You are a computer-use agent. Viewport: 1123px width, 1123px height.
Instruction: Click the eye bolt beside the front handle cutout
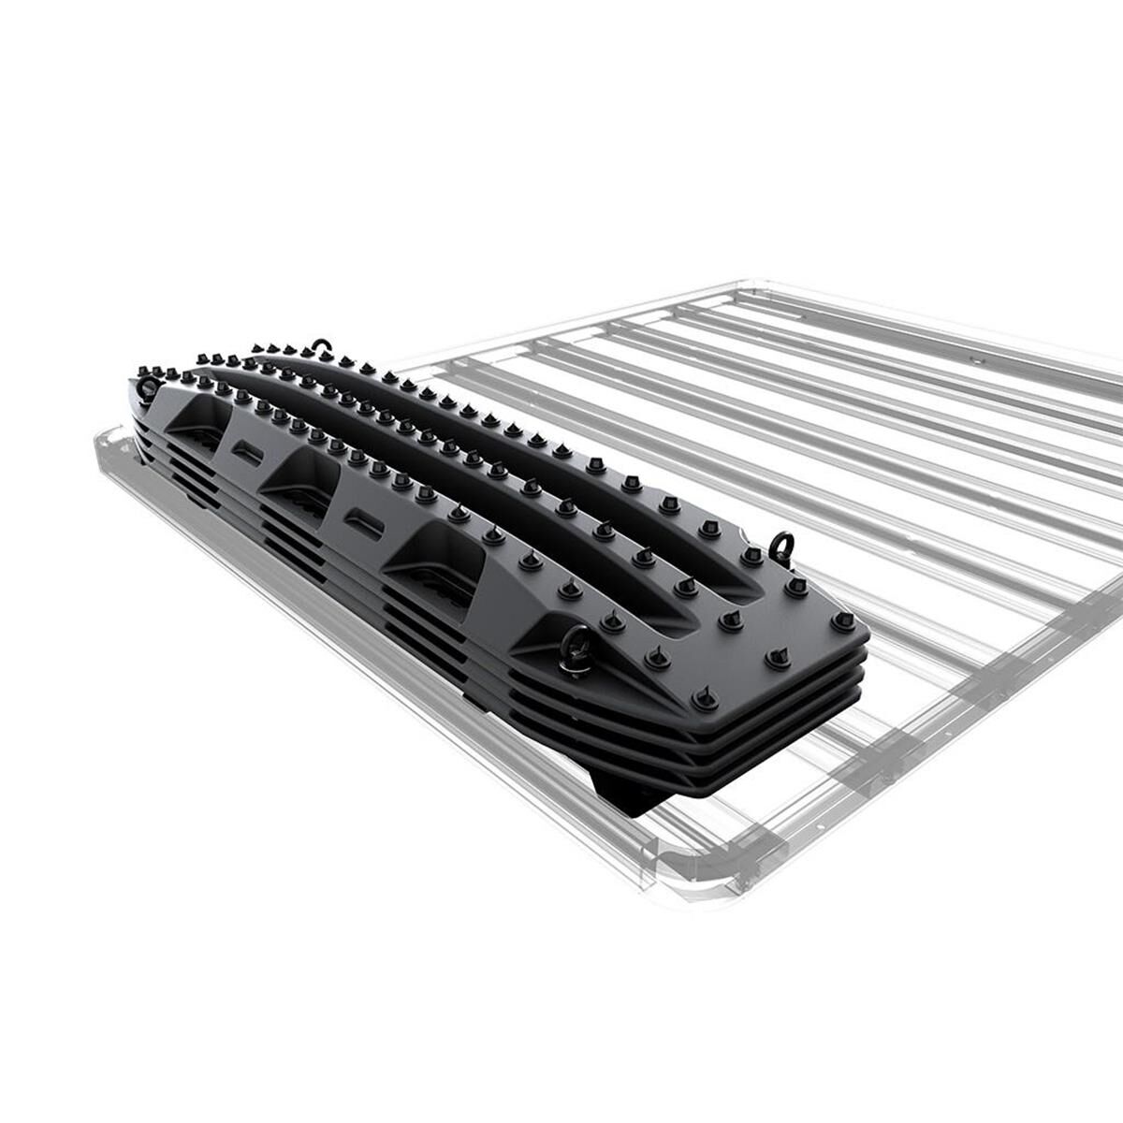[x=573, y=648]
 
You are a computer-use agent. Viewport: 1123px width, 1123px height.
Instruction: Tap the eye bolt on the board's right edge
[x=780, y=543]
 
